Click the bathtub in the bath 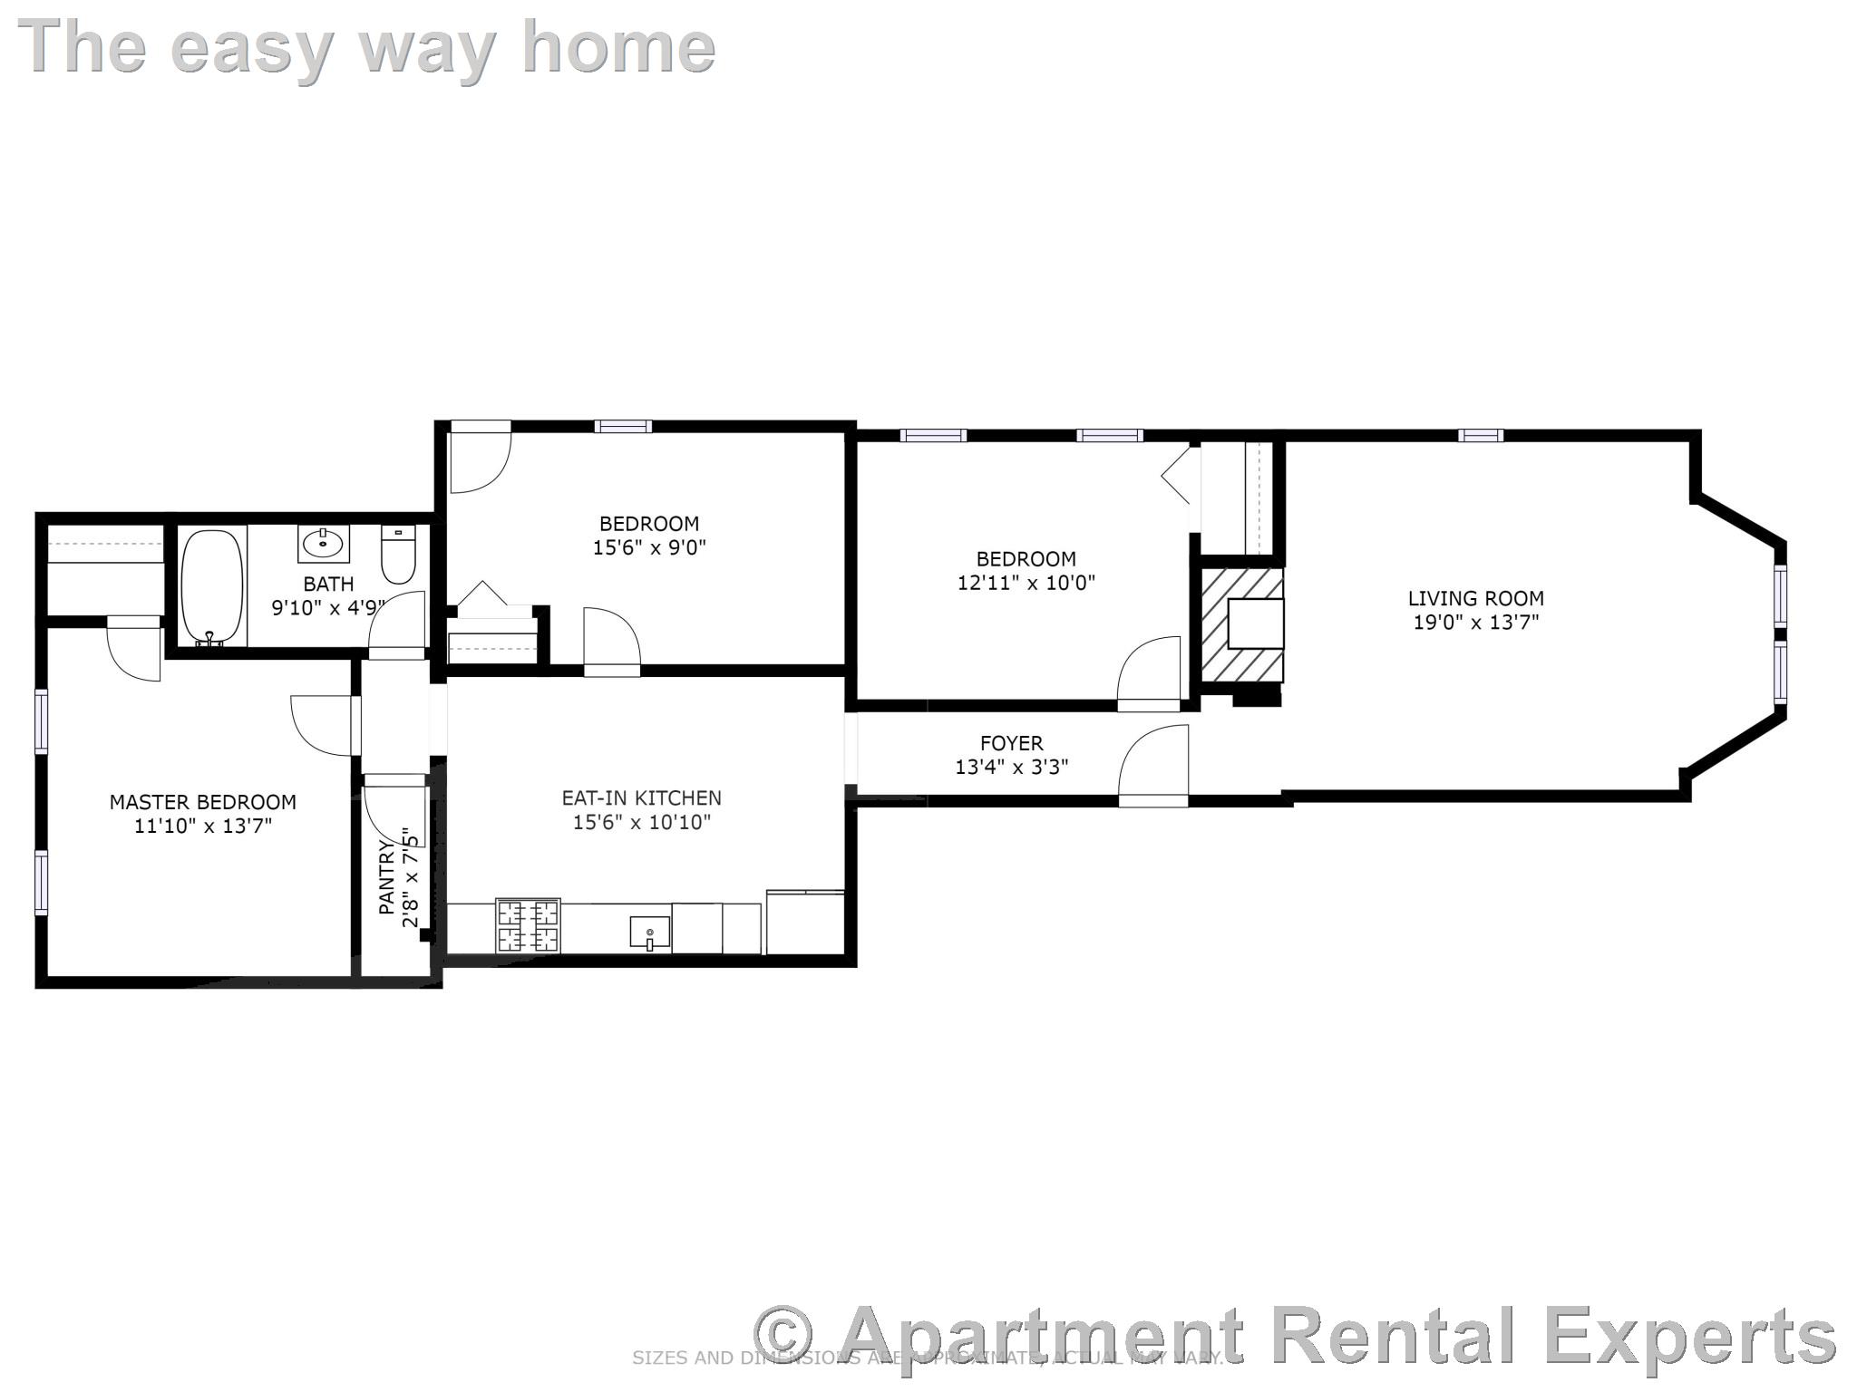pos(213,588)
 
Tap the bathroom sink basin pos(323,544)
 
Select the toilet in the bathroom pos(398,555)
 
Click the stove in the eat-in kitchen pos(528,925)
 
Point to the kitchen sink pos(649,933)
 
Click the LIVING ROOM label pos(1475,598)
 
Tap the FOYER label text pos(1011,743)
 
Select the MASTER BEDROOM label pos(202,802)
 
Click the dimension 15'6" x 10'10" pos(641,823)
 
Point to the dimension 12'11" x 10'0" pos(1026,583)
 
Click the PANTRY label pos(387,877)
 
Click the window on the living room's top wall pos(1480,436)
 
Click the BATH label pos(328,584)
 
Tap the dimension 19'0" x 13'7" pos(1475,623)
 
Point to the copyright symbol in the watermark pos(783,1334)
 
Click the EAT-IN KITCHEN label pos(641,798)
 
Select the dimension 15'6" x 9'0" pos(649,547)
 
